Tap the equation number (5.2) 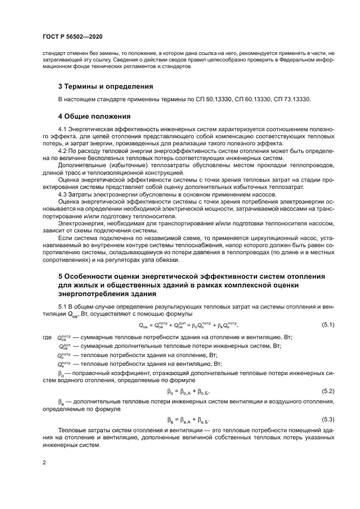328,391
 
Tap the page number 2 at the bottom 44,462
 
